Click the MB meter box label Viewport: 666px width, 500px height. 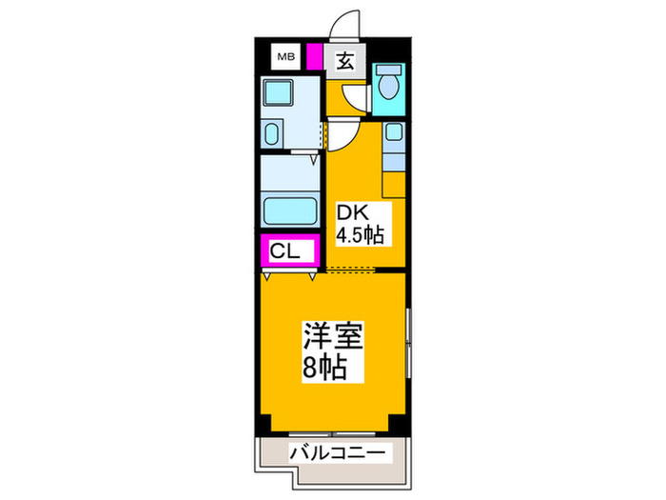pos(286,59)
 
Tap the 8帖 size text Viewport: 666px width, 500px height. pos(324,366)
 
